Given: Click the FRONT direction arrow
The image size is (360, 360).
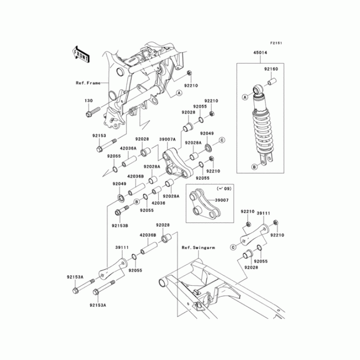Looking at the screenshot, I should point(81,53).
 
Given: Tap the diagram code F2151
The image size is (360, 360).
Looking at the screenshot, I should point(276,43).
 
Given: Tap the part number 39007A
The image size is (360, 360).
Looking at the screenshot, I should point(167,139).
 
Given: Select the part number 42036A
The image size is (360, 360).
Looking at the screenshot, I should point(129,148).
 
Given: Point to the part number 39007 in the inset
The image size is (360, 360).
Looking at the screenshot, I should point(221,201).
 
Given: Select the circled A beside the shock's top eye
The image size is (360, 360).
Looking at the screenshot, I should point(246,96).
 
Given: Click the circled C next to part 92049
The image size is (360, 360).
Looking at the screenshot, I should point(222,141).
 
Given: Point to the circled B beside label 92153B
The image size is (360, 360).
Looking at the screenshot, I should point(135,202).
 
